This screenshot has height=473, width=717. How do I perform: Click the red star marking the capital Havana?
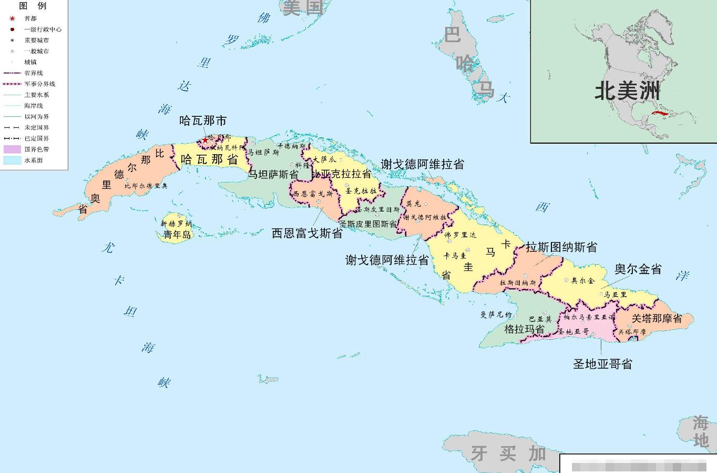205,140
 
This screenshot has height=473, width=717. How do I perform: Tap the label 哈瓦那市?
203,121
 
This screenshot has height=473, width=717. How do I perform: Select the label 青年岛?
177,235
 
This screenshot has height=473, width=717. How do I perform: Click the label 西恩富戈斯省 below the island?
307,233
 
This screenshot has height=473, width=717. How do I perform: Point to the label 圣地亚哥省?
602,364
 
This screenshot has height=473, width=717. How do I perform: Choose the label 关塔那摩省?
657,318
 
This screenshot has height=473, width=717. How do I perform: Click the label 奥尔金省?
638,269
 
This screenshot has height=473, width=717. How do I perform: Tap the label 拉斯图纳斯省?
561,247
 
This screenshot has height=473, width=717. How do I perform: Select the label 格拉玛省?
524,329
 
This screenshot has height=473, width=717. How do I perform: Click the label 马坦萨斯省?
273,174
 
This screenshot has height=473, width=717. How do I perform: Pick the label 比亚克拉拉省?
342,174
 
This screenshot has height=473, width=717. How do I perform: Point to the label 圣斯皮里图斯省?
368,224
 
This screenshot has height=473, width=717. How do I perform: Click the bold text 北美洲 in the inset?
627,91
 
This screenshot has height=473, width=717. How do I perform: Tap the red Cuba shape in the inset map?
660,113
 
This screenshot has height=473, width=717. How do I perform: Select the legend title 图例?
33,6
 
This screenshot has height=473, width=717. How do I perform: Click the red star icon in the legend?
12,18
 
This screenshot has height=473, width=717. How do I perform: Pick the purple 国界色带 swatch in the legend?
12,149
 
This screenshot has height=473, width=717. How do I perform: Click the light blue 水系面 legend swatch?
12,160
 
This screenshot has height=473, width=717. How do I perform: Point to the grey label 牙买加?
508,453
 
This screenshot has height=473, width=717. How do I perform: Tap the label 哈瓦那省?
209,159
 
